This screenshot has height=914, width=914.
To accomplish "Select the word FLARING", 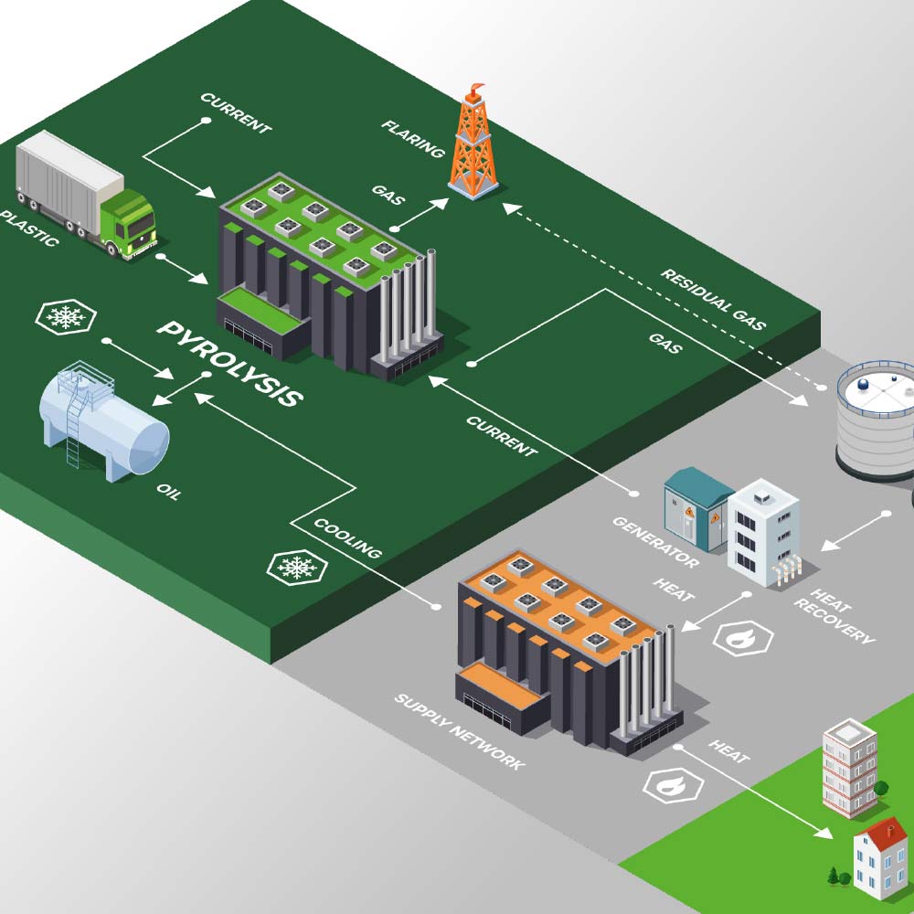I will coord(413,138).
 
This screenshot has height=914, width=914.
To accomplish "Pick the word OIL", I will coord(168,491).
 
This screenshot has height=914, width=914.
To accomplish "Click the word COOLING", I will coord(347,538).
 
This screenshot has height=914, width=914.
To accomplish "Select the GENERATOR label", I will coord(655,542).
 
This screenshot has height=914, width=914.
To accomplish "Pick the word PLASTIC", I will coord(29,228).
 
